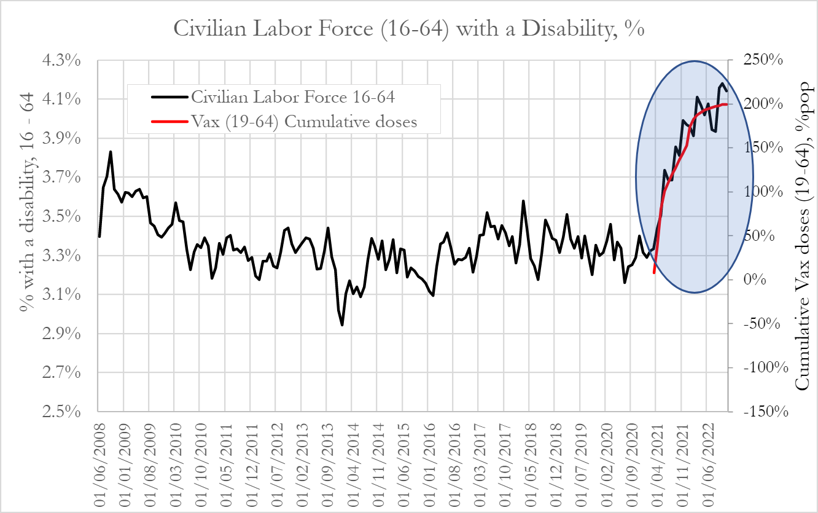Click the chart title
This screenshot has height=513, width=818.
click(408, 29)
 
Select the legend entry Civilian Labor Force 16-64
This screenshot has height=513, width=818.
click(292, 97)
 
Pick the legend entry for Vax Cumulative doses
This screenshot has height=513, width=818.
click(303, 122)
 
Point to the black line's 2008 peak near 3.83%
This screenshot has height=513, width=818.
click(111, 151)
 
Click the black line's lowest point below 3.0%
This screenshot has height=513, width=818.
click(342, 325)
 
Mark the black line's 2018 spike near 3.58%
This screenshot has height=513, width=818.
click(523, 200)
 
